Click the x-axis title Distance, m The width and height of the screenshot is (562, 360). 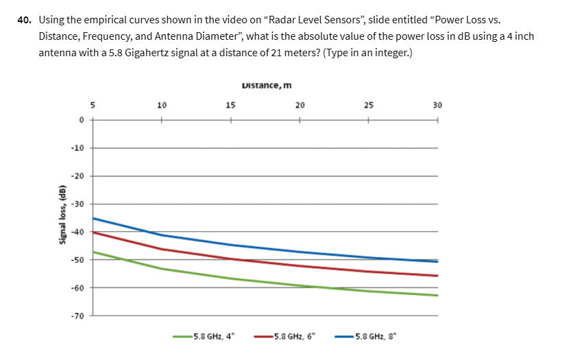267,86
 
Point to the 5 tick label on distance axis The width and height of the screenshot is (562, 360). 93,106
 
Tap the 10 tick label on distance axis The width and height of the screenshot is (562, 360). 162,106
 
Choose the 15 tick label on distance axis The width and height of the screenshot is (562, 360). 230,106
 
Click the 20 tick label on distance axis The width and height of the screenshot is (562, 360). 300,106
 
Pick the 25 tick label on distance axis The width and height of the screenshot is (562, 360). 369,106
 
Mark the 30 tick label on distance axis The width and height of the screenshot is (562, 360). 437,106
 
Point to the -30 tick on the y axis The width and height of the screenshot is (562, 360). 78,204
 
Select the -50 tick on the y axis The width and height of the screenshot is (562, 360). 78,260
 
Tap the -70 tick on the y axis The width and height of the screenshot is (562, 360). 78,315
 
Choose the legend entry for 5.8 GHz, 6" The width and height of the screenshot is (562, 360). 284,337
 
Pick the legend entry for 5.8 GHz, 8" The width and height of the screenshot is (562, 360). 365,337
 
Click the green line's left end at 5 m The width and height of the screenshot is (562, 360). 94,252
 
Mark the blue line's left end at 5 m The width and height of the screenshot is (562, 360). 94,218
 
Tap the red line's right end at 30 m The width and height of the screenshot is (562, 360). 437,275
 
